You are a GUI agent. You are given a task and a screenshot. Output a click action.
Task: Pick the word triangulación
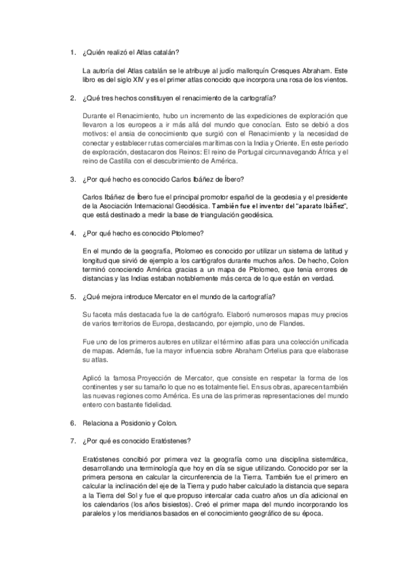tap(217, 215)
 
